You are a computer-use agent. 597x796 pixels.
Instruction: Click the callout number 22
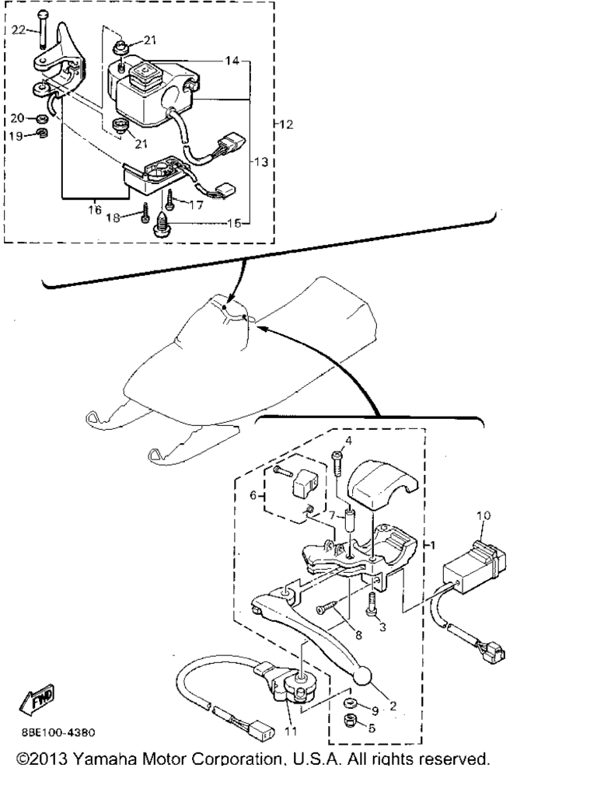coord(19,30)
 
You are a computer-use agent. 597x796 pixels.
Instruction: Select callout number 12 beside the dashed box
coord(286,124)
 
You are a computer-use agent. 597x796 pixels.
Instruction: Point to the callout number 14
coord(232,61)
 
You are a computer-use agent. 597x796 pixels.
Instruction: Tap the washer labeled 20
coord(42,119)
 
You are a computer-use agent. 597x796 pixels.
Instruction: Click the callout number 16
coord(95,209)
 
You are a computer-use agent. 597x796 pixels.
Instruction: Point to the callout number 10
coord(484,515)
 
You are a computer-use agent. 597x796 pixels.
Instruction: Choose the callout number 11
coord(291,731)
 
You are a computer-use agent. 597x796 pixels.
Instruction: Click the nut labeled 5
coord(349,721)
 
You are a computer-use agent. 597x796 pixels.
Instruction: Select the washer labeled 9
coord(349,703)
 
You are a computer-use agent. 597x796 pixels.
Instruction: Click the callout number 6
coord(253,495)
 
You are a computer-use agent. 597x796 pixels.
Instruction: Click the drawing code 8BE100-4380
coord(58,733)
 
